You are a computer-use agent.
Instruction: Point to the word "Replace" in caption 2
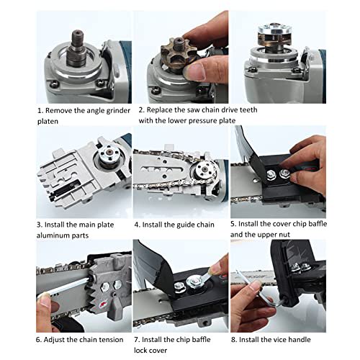point(163,111)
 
